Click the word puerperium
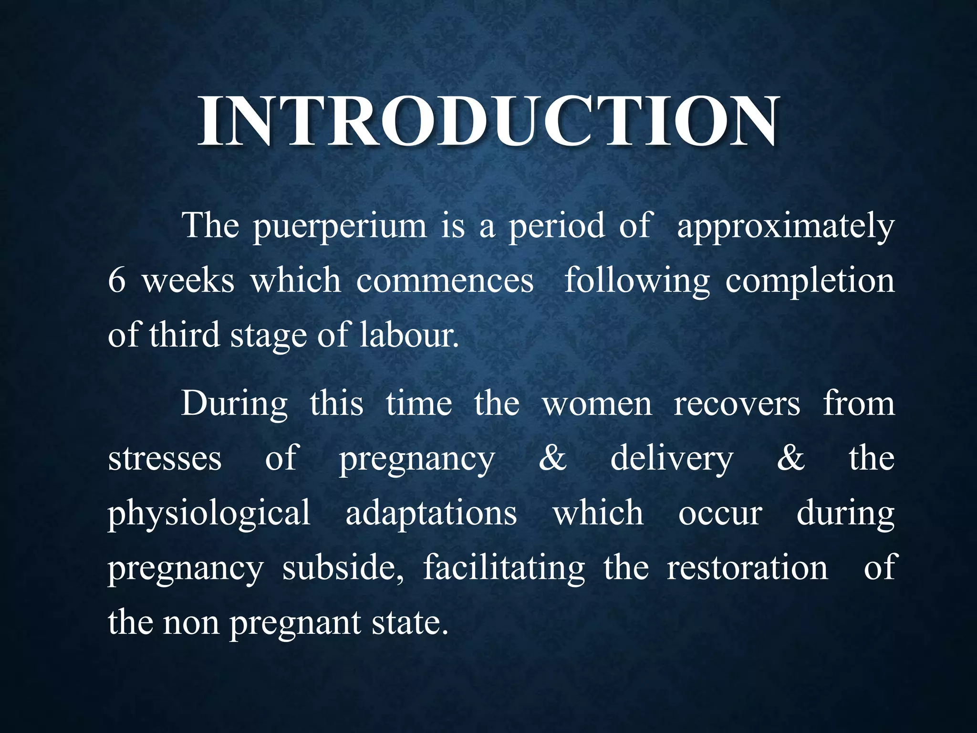click(x=340, y=227)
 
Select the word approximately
click(x=785, y=227)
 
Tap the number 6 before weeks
click(x=117, y=281)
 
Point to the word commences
click(x=445, y=281)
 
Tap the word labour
click(x=409, y=335)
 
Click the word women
click(x=597, y=404)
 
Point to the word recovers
click(x=737, y=404)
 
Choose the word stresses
click(x=165, y=459)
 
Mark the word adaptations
click(x=431, y=513)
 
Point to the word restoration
click(x=747, y=568)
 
